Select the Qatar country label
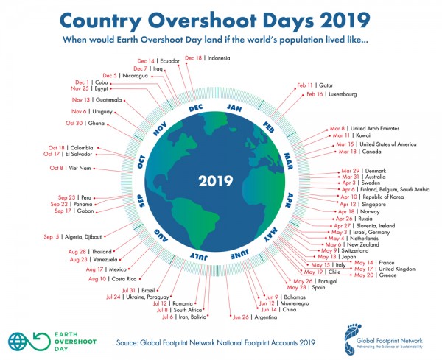tap(326, 85)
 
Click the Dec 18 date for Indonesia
tap(194, 57)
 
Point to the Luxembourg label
tap(343, 94)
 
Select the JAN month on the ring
tap(234, 108)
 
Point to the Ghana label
tap(97, 124)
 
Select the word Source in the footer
tap(131, 342)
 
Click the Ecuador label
tap(171, 61)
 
